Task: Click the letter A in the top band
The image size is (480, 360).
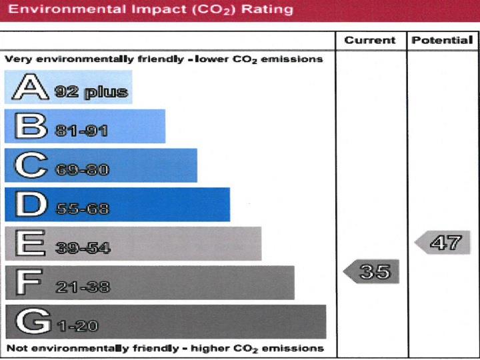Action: (x=27, y=87)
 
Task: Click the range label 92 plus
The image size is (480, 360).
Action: (x=91, y=92)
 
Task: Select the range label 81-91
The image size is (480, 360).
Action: (x=81, y=131)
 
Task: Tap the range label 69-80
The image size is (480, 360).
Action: (x=81, y=169)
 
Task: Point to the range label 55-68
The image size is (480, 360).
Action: (x=82, y=209)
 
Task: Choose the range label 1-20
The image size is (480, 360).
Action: (x=77, y=327)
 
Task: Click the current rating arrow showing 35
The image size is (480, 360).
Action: (x=371, y=271)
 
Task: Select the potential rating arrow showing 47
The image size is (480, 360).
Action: (x=443, y=242)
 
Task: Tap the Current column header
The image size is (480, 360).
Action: (x=370, y=40)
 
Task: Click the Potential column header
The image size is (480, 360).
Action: (x=442, y=40)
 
